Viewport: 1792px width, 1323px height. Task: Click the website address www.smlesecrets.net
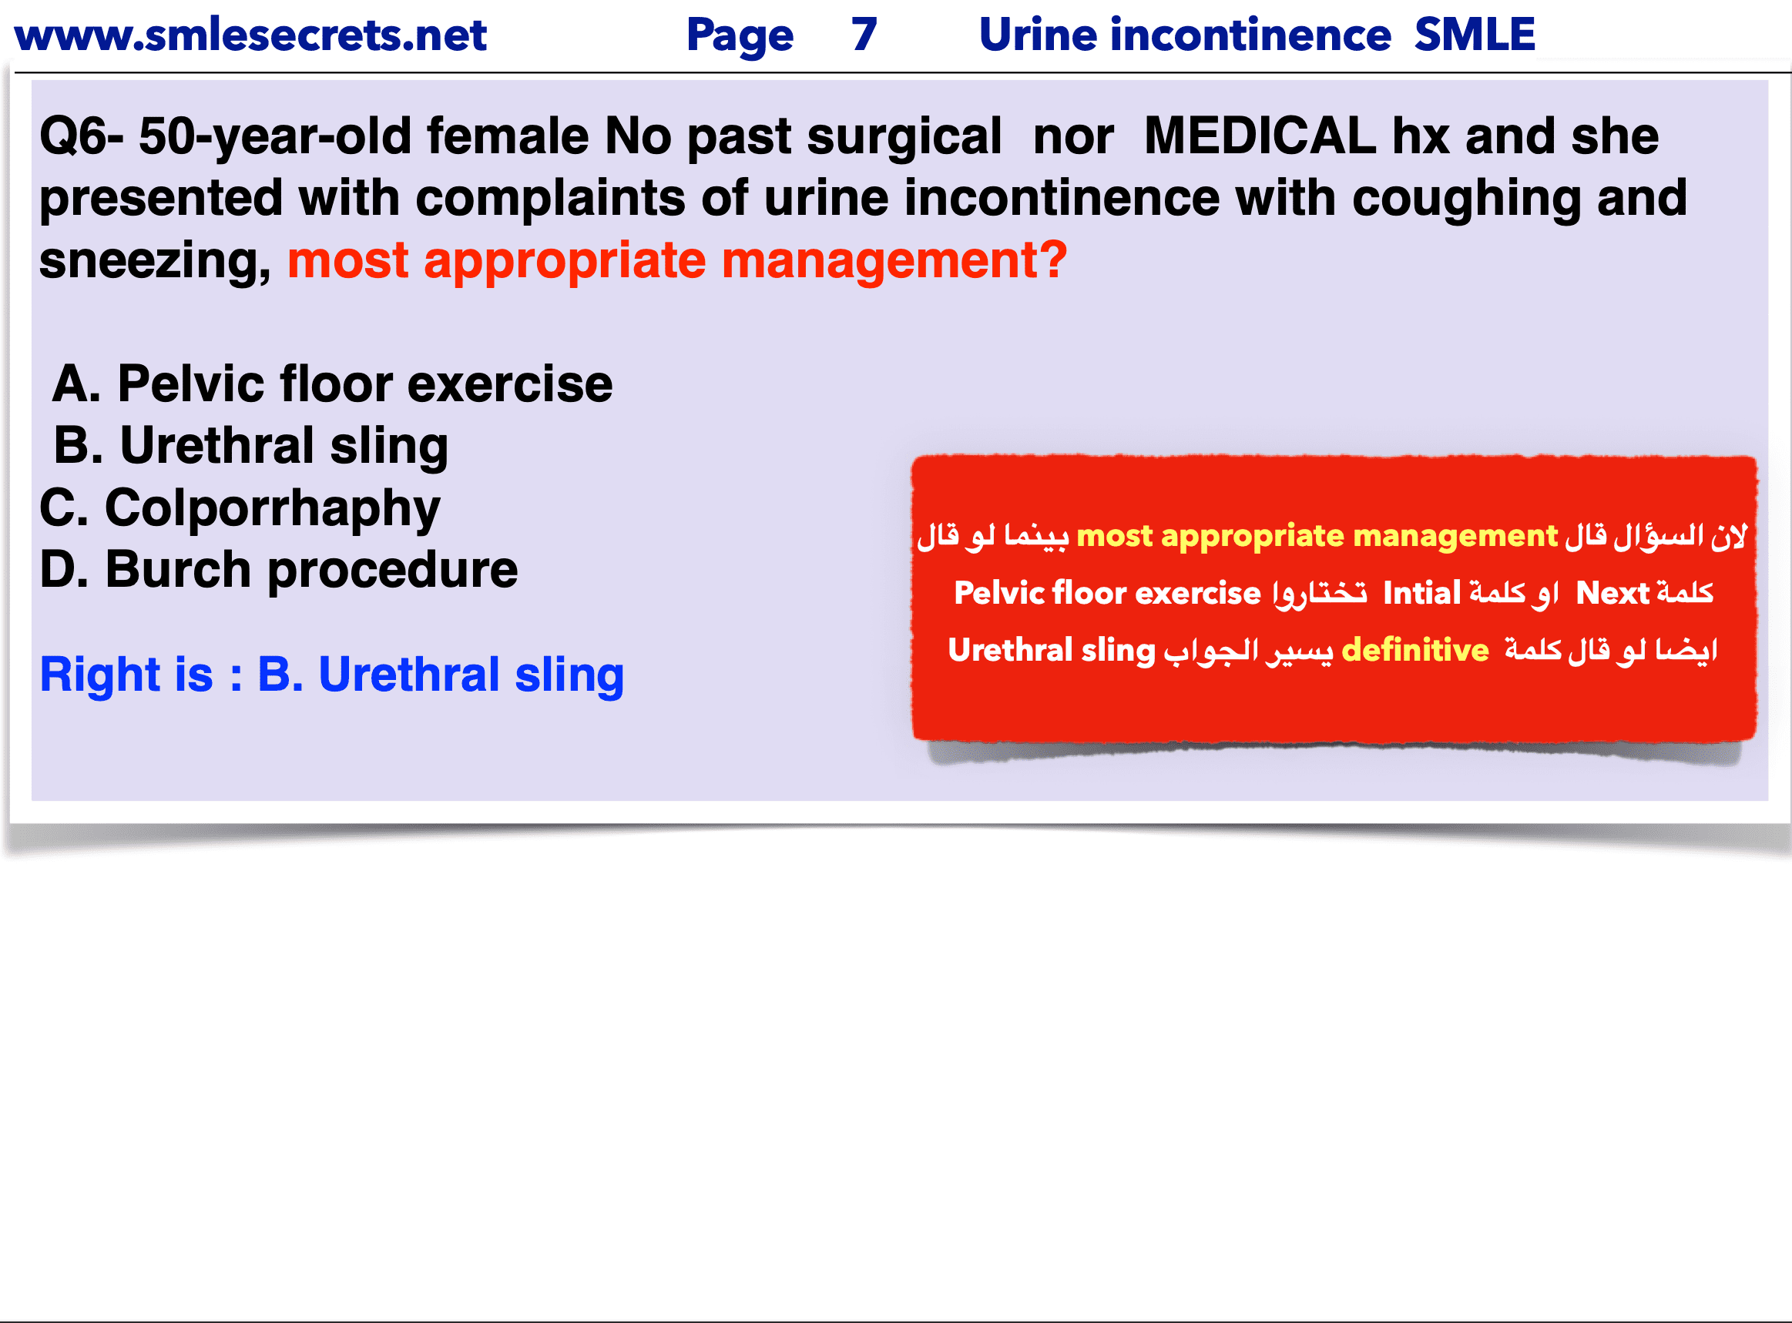pyautogui.click(x=250, y=35)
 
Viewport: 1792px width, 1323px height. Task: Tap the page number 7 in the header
pyautogui.click(x=864, y=35)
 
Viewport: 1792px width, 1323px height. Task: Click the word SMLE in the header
pyautogui.click(x=1475, y=35)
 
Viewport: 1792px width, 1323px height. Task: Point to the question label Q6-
pyautogui.click(x=82, y=136)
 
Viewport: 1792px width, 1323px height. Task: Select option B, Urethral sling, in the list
pyautogui.click(x=250, y=446)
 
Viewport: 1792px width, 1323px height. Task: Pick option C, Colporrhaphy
pyautogui.click(x=240, y=509)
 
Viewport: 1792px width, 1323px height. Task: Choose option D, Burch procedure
pyautogui.click(x=279, y=570)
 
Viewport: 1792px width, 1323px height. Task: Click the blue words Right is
pyautogui.click(x=126, y=675)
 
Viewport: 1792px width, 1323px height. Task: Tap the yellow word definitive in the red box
pyautogui.click(x=1415, y=650)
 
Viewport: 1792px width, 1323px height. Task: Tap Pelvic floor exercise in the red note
pyautogui.click(x=1108, y=594)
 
